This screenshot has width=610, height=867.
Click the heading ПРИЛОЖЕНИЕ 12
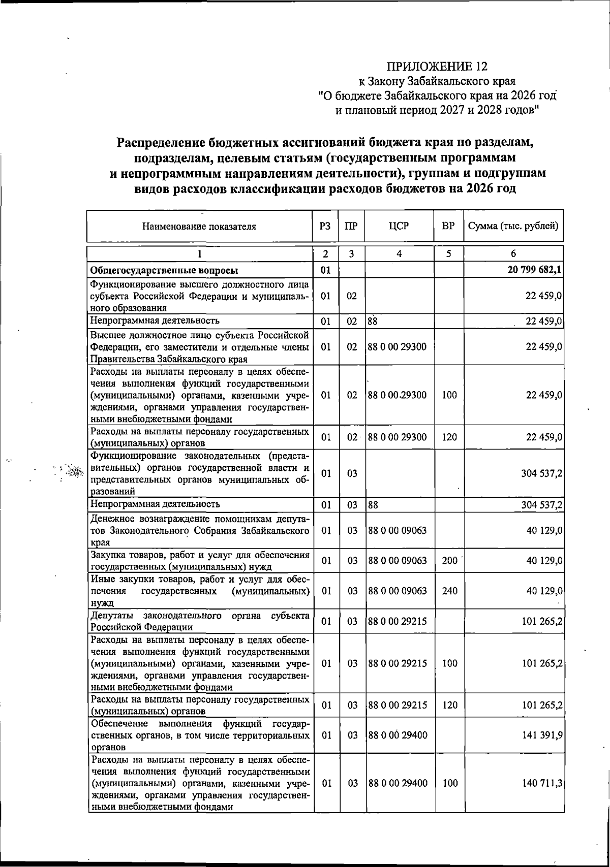click(x=437, y=67)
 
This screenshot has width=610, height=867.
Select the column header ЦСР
click(x=399, y=227)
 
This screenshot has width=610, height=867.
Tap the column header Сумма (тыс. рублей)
click(x=513, y=227)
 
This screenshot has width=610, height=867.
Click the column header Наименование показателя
click(x=199, y=227)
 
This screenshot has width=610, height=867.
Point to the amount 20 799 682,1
click(x=534, y=270)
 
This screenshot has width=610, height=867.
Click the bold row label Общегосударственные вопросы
click(x=164, y=270)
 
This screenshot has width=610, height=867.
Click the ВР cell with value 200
click(x=449, y=561)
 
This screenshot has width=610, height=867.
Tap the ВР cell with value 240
click(x=449, y=591)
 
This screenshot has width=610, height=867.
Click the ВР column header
click(x=448, y=227)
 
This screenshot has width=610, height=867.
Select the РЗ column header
click(x=325, y=227)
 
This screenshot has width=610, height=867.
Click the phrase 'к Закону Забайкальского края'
click(x=437, y=81)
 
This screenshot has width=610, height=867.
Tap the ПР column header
click(x=351, y=227)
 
